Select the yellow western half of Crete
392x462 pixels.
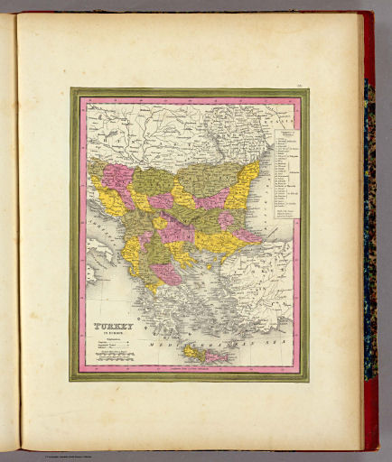[x=191, y=352]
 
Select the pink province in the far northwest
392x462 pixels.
[x=116, y=175]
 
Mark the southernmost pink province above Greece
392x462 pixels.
[x=166, y=273]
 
